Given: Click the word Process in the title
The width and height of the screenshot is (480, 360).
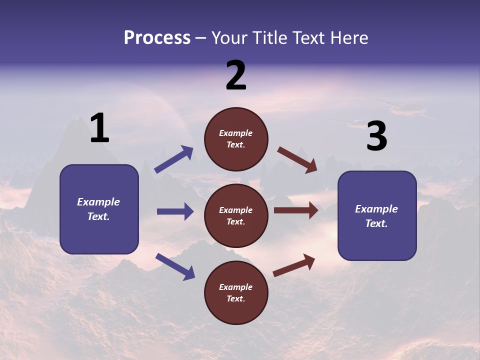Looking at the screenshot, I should pos(157,38).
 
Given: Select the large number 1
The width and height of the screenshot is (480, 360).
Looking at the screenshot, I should pos(99,128).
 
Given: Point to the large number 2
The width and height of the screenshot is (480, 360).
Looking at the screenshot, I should pos(236,75).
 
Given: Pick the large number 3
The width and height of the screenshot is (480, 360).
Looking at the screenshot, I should pos(376,136).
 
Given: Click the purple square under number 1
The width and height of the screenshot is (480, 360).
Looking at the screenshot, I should pos(99,209).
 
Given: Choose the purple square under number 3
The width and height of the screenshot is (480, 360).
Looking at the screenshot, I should pos(377,215).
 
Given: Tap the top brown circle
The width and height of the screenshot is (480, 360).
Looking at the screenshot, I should pos(236,139).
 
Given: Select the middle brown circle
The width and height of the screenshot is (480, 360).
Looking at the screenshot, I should pos(236,215).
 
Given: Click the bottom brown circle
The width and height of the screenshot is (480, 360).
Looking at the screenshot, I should pos(236,292).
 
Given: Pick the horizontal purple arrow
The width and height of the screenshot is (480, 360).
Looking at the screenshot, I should pos(175,211).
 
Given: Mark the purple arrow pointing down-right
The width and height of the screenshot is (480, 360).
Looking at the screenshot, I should pos(175,266).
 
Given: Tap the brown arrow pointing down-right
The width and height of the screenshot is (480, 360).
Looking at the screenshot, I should pos(297,160).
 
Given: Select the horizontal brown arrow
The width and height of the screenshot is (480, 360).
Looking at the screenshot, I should pos(296,210).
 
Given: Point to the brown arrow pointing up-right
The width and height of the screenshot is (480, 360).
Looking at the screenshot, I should pos(294,265).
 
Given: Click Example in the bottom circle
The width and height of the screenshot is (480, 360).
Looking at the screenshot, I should pos(236,287).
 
